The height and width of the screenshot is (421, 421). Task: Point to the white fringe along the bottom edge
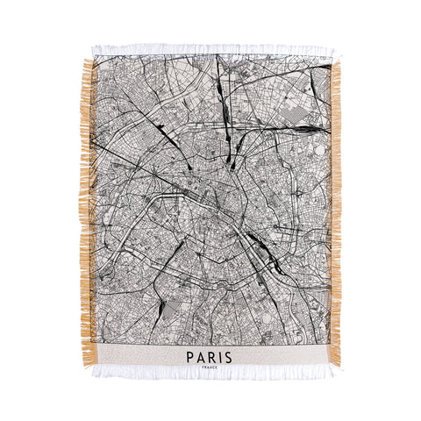pos(210,372)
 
